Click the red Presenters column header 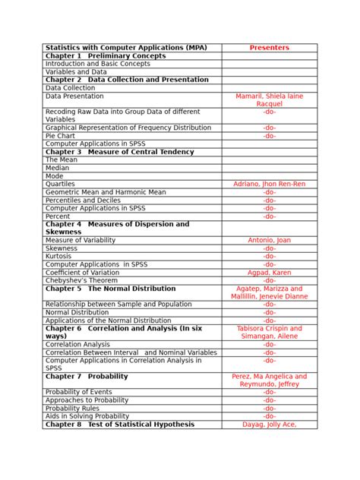tap(269, 48)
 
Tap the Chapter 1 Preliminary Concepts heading tap(106, 56)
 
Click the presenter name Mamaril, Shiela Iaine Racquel tap(269, 100)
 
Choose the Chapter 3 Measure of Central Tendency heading tap(119, 152)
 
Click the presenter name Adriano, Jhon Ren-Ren tap(269, 185)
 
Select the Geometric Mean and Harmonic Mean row tap(104, 192)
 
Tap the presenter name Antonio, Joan tap(269, 240)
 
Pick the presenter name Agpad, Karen tap(269, 273)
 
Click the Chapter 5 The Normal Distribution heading tap(111, 289)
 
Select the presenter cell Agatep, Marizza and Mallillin tap(269, 292)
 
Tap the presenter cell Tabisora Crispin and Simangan tap(269, 332)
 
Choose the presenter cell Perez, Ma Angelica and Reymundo tap(269, 380)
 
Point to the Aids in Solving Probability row tap(87, 416)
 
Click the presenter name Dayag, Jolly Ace tap(269, 425)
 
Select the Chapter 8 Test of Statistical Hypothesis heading tap(120, 425)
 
